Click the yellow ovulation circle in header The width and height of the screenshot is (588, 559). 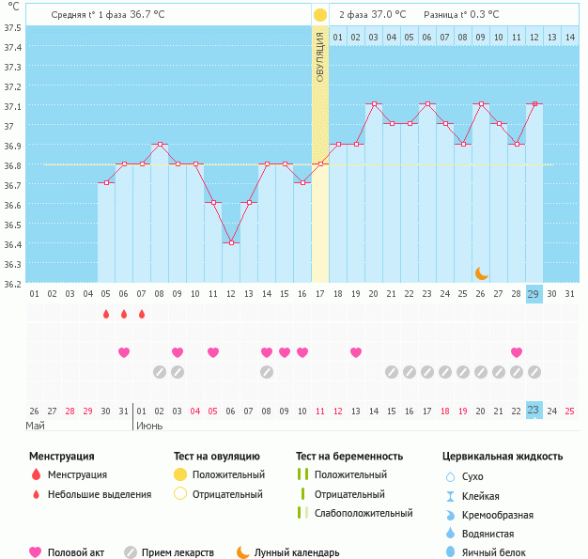tap(320, 15)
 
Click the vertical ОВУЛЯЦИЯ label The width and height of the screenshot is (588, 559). tap(320, 55)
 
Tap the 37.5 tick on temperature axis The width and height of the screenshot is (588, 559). tap(12, 27)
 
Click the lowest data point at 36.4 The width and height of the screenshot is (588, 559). tap(231, 242)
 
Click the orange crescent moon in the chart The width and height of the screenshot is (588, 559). tap(481, 272)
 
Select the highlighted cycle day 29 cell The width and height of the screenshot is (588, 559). tap(534, 294)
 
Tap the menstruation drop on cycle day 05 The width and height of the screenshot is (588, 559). tap(106, 314)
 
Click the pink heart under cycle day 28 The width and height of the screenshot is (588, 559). tap(517, 352)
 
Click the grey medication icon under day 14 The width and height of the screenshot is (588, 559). tap(267, 371)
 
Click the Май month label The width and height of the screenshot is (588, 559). tap(35, 426)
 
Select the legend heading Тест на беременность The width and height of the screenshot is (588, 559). tap(348, 456)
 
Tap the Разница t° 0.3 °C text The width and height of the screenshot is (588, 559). tap(461, 15)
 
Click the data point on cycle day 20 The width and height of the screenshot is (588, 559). tap(374, 104)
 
